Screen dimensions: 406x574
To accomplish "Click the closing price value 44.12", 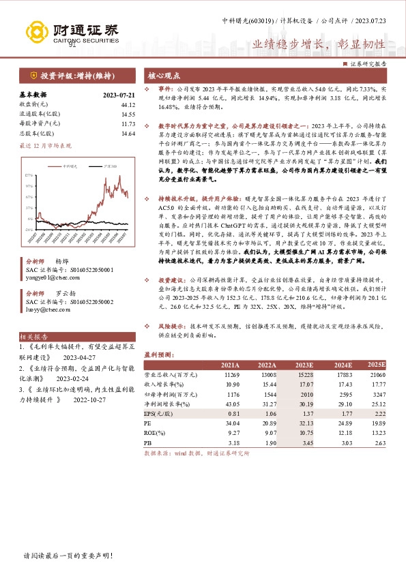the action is click(128, 104).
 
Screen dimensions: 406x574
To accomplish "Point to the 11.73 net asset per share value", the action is click(128, 124).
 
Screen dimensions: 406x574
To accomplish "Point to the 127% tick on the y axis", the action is click(29, 175).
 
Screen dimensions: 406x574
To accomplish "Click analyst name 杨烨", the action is click(62, 262).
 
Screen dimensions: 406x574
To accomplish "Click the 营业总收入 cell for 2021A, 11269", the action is click(231, 374).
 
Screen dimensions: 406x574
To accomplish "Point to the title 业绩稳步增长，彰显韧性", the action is click(319, 44).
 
